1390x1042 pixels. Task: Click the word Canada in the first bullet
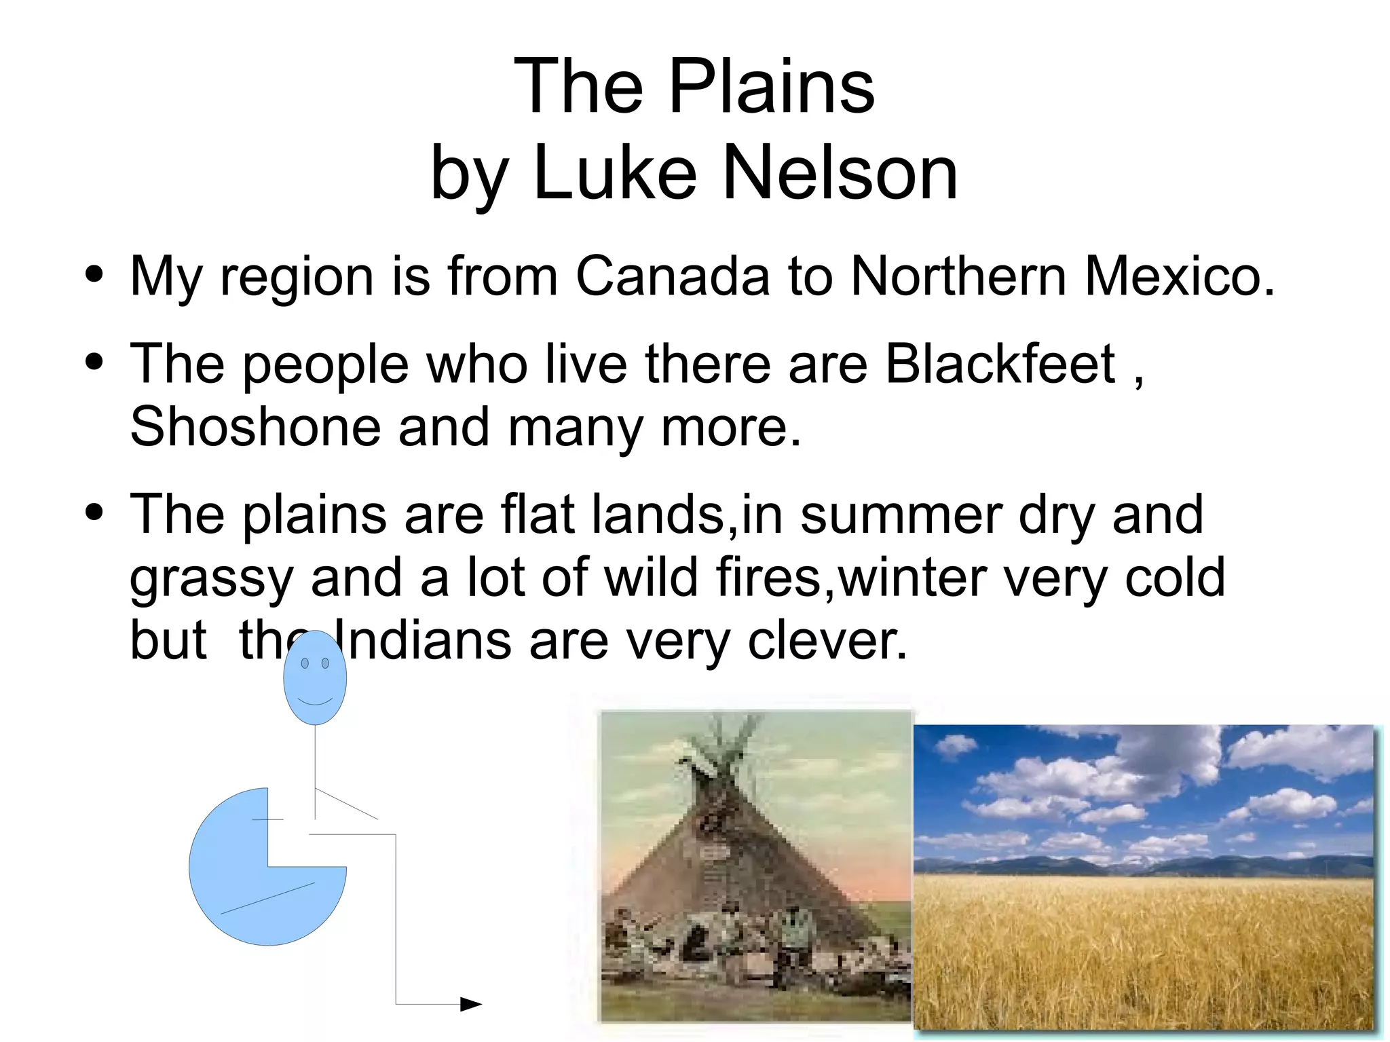tap(673, 276)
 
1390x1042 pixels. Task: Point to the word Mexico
tap(1180, 276)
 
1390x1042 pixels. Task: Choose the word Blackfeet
tap(1001, 364)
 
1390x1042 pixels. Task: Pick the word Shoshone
tap(255, 426)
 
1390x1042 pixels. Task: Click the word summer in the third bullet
tap(901, 515)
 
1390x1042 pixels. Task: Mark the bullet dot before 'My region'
tap(94, 275)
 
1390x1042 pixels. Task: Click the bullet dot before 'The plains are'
tap(94, 513)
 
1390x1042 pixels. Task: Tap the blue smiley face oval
tap(315, 677)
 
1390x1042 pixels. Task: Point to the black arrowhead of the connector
tap(471, 1003)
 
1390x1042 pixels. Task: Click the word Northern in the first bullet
tap(958, 276)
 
